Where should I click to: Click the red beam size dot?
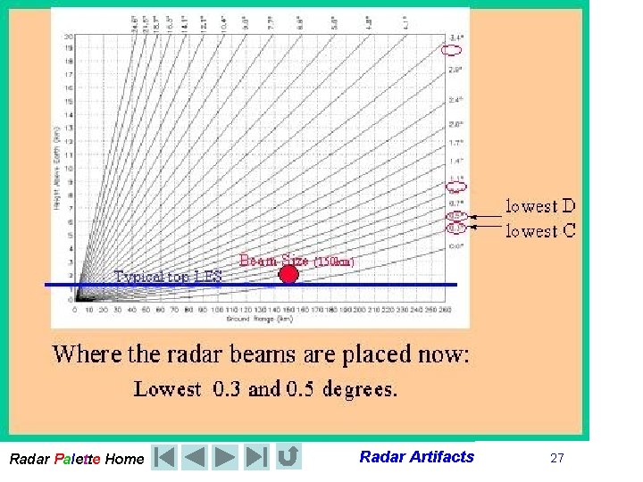[x=288, y=275]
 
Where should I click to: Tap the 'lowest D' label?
[x=541, y=206]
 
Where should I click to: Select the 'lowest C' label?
[x=541, y=231]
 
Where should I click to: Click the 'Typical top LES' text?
[x=168, y=276]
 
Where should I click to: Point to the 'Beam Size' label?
[x=274, y=261]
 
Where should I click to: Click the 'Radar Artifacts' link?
[x=416, y=457]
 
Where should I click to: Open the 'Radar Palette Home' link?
[x=76, y=459]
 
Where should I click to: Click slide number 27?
[x=557, y=458]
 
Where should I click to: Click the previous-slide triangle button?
[x=195, y=458]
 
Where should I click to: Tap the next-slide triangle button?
[x=225, y=458]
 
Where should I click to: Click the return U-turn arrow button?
[x=288, y=458]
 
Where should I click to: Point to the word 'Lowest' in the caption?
[x=168, y=389]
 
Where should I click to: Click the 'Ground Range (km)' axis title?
[x=254, y=318]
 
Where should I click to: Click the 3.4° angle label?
[x=455, y=37]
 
